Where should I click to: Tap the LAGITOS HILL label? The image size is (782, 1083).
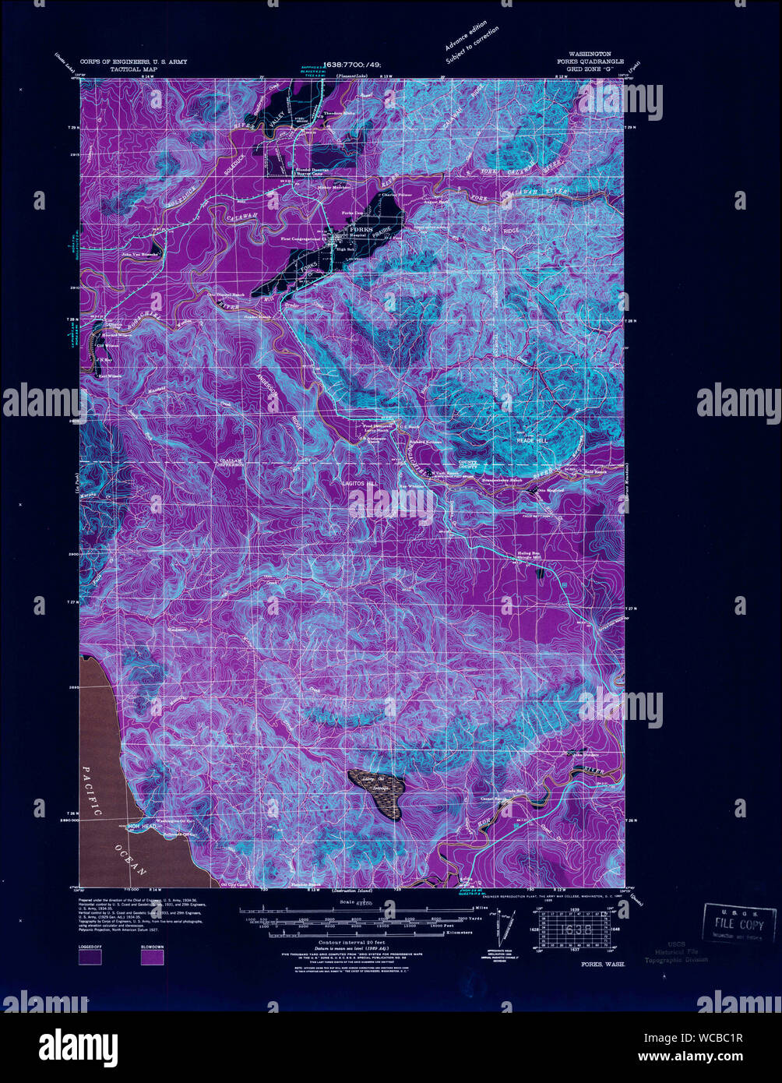tap(360, 484)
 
